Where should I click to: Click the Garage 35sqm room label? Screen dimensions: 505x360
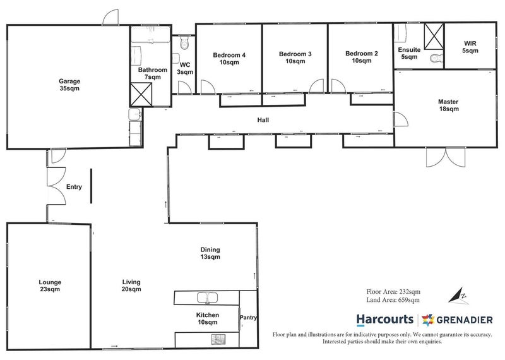click(x=69, y=85)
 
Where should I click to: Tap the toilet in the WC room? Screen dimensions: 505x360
click(x=184, y=42)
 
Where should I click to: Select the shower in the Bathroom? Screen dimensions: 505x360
click(x=141, y=95)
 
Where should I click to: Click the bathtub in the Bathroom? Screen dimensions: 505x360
click(x=150, y=35)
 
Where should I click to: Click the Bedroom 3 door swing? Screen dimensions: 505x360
click(x=316, y=86)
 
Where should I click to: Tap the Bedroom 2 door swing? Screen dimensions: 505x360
click(x=338, y=86)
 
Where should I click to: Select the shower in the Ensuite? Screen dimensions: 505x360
click(x=434, y=37)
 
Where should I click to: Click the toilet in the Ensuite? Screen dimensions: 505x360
click(x=437, y=58)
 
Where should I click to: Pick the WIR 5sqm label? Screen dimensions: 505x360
click(x=470, y=47)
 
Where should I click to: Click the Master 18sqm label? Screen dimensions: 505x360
click(x=448, y=105)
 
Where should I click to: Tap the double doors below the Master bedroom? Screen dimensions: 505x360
click(x=446, y=157)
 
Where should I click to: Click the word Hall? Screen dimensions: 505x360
click(x=263, y=120)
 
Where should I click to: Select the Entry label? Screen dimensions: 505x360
click(x=74, y=187)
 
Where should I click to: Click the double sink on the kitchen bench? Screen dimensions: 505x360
click(x=208, y=298)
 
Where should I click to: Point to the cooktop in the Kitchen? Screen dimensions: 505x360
click(x=218, y=339)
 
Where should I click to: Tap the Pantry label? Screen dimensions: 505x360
click(x=248, y=318)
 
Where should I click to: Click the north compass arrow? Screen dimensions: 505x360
click(x=459, y=296)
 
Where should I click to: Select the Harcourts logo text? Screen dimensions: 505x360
click(x=385, y=320)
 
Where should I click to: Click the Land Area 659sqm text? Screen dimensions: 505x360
click(x=393, y=300)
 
